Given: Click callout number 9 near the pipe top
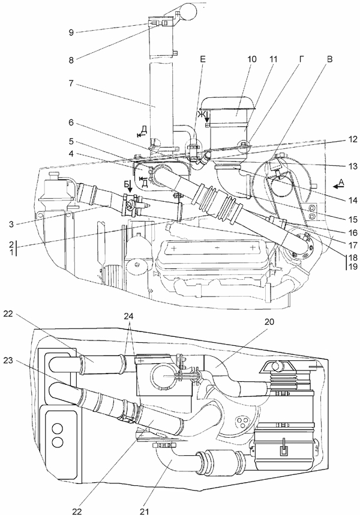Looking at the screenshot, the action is click(x=71, y=32).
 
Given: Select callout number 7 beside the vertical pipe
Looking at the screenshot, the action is click(x=71, y=83).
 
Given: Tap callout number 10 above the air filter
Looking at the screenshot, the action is click(x=252, y=59).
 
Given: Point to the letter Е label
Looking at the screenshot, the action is click(x=203, y=59).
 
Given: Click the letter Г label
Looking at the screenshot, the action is click(x=301, y=59).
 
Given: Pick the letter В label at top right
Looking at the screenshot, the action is click(x=329, y=59).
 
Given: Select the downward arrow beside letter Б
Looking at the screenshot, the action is click(x=130, y=187).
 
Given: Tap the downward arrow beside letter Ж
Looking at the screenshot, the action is click(x=207, y=116).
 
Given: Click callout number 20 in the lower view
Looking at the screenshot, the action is click(x=269, y=321).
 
